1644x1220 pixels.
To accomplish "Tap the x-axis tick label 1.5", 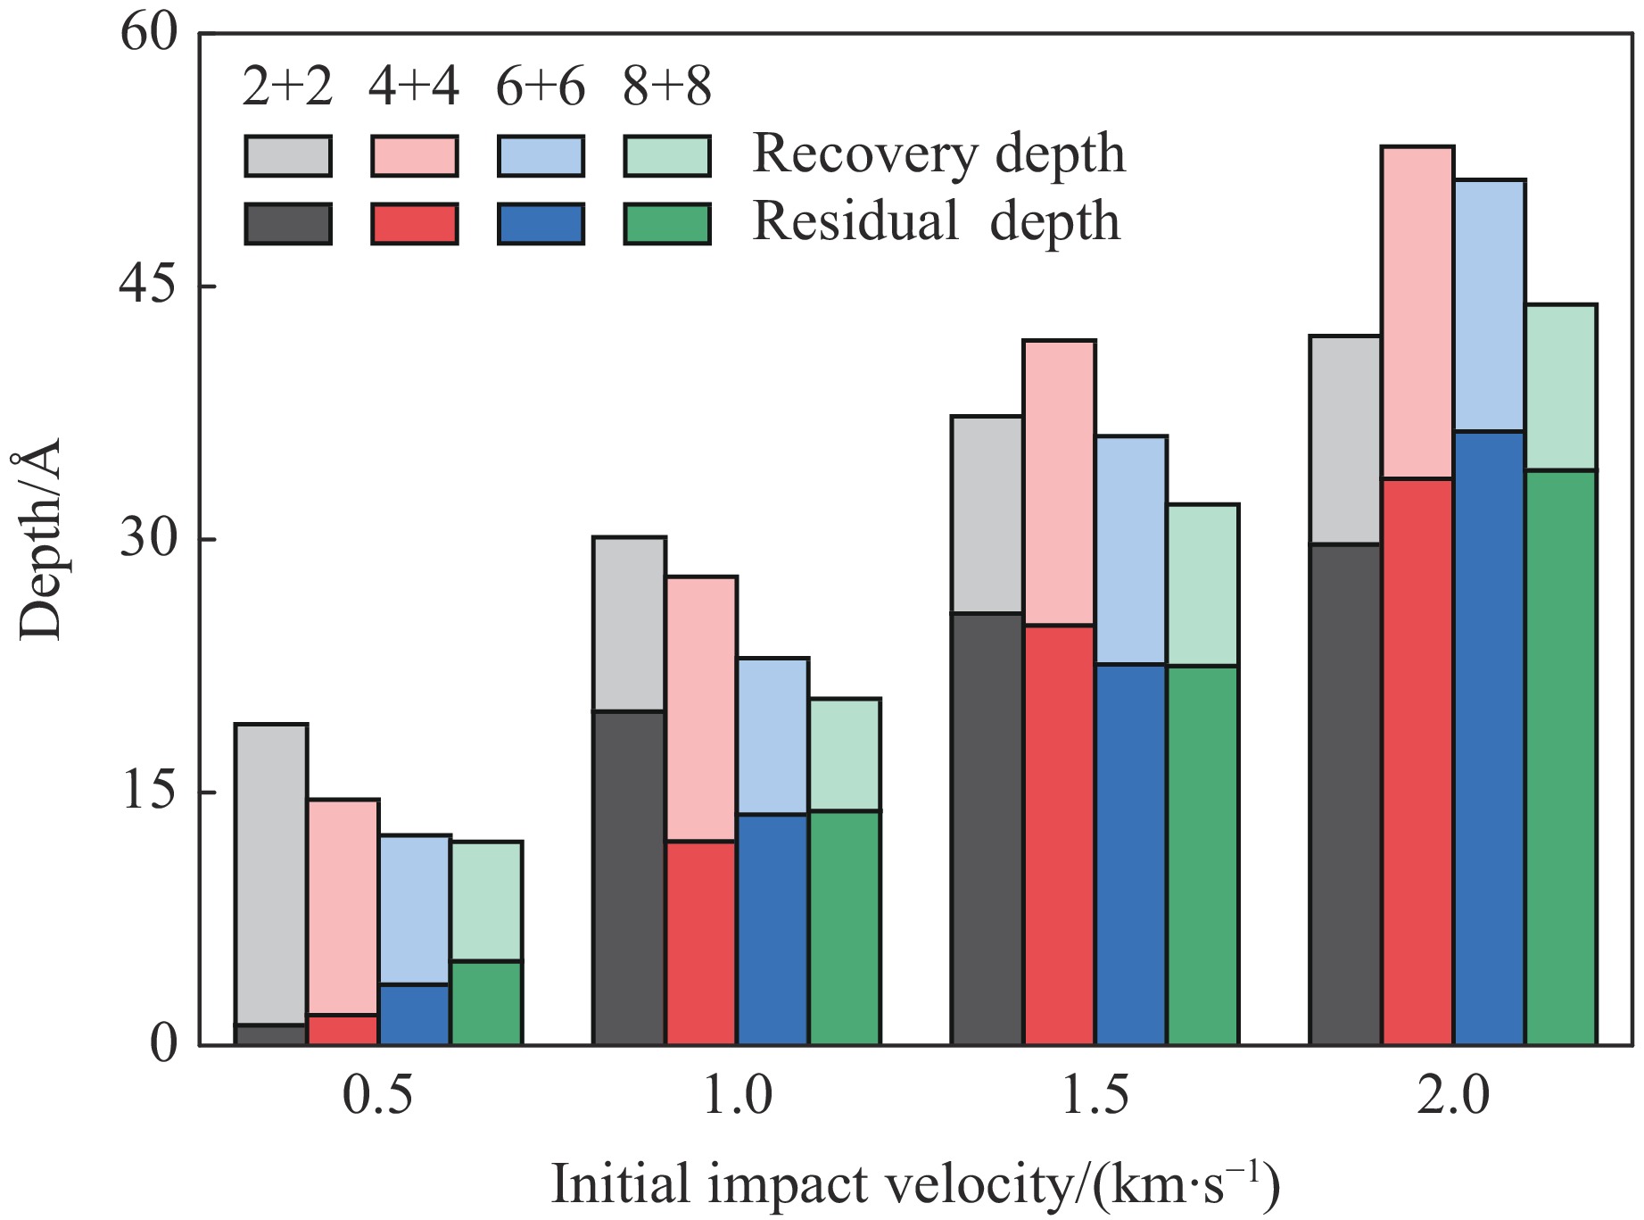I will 1095,1095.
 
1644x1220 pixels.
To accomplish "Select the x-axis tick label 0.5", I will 378,1095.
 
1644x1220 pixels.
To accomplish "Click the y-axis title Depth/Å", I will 40,539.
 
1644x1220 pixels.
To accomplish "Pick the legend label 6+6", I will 541,87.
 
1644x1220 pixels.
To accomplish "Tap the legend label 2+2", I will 287,87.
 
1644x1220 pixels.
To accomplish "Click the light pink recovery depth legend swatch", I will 415,156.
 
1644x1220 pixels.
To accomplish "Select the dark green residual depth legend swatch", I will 667,224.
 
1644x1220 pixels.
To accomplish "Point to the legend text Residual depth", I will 936,221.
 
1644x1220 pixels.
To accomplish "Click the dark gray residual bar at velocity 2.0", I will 1344,794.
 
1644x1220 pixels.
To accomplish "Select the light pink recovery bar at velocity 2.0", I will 1417,312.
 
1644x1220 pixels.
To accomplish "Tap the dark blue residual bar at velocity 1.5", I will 1131,854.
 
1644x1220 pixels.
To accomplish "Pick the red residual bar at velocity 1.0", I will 701,942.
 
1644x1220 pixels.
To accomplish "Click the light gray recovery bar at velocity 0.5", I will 271,875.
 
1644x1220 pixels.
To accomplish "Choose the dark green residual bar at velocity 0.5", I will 486,1002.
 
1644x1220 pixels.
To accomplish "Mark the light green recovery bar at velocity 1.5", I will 1202,585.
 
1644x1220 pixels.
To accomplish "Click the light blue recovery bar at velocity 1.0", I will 773,736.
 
